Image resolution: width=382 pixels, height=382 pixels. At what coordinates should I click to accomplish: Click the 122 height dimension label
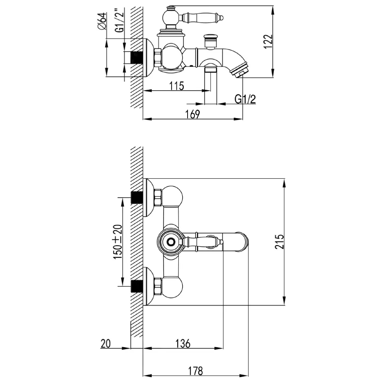[268, 41]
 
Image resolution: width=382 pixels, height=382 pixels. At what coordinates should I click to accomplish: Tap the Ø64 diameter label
[102, 21]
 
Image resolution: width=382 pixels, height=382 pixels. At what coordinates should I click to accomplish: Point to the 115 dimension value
[176, 86]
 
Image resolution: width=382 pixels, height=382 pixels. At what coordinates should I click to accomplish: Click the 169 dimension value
[193, 114]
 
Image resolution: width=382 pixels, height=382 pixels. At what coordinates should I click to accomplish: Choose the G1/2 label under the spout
[245, 99]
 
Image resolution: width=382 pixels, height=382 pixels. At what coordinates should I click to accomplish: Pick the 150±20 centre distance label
[118, 242]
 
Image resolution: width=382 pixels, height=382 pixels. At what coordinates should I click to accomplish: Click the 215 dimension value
[280, 241]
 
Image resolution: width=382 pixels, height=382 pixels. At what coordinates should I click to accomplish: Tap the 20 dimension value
[105, 344]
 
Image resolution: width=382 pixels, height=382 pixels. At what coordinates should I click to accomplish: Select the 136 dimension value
[183, 344]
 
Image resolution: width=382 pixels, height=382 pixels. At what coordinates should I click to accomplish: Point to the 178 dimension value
[195, 371]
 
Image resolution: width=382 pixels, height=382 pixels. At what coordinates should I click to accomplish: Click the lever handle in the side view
[201, 18]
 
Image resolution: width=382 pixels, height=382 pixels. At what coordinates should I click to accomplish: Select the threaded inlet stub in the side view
[137, 58]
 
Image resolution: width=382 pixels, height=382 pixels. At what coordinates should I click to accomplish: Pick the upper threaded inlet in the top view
[137, 197]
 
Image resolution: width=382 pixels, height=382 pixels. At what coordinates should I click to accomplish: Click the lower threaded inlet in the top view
[137, 286]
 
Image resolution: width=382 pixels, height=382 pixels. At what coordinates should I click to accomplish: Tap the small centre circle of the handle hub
[171, 242]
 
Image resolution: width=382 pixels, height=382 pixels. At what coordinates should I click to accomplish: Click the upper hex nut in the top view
[158, 197]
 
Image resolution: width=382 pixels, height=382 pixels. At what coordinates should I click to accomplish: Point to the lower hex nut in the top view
[158, 286]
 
